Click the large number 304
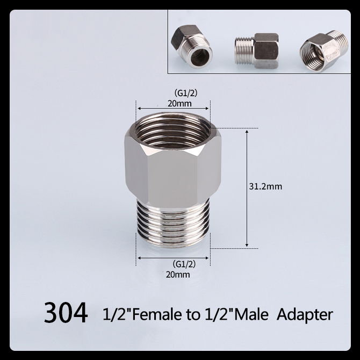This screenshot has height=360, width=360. [66, 313]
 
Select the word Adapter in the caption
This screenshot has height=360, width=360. [305, 313]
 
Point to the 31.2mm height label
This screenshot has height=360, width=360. [265, 187]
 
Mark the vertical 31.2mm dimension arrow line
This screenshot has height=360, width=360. [247, 188]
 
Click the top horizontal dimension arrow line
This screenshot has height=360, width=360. [173, 109]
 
